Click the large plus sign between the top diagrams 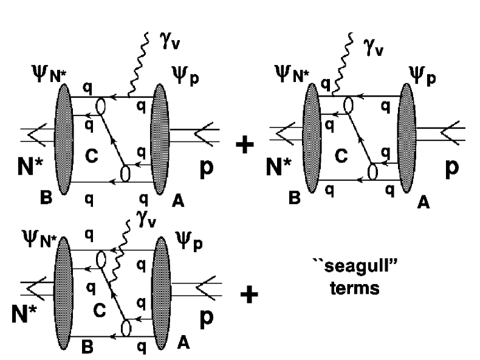click(245, 146)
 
